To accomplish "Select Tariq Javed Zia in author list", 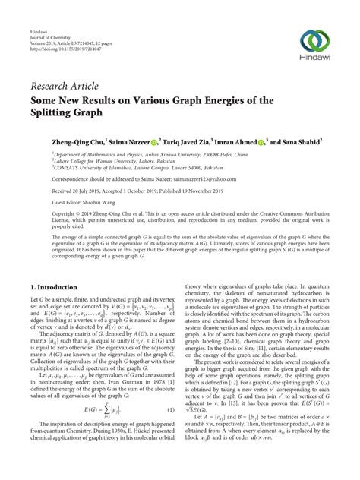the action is tap(192, 141).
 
